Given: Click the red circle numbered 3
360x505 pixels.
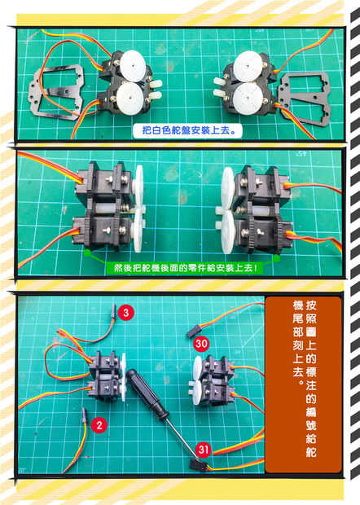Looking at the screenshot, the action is (x=125, y=313).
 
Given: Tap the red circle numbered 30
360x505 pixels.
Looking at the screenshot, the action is (x=201, y=344).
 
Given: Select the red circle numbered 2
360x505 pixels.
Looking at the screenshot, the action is (x=99, y=425).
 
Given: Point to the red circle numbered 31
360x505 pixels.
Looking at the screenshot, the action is (x=203, y=450).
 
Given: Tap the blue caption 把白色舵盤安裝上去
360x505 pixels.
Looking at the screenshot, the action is (x=187, y=130).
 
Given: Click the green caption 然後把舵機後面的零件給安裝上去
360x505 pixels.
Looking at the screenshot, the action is (x=185, y=268).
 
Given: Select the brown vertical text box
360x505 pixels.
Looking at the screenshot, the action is (x=303, y=384).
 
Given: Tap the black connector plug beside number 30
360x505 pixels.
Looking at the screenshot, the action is (x=192, y=332).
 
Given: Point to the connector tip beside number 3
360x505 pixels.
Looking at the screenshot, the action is (x=114, y=310).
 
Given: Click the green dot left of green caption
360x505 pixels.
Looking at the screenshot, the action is (x=87, y=253).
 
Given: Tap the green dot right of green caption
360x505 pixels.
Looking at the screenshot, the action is (x=276, y=258).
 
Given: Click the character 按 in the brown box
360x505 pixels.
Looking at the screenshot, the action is (x=311, y=305).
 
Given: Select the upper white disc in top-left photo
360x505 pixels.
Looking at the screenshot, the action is (x=133, y=66).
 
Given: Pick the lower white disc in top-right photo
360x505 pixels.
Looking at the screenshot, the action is (x=248, y=99).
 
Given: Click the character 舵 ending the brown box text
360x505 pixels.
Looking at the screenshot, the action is (x=311, y=451).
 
